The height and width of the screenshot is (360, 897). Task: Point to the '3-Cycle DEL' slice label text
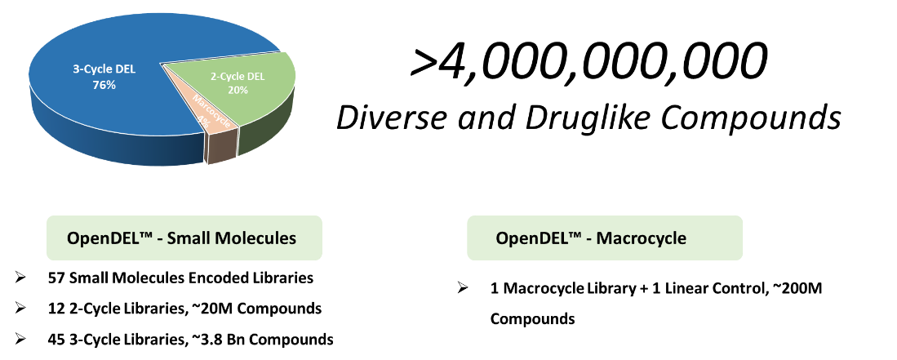(x=104, y=69)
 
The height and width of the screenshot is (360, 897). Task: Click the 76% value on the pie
(x=104, y=84)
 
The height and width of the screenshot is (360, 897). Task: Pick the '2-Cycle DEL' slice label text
(x=238, y=77)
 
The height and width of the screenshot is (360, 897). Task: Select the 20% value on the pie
(x=238, y=90)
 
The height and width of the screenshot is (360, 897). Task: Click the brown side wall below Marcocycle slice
(x=220, y=146)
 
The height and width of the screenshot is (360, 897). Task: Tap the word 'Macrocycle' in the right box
(x=642, y=238)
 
